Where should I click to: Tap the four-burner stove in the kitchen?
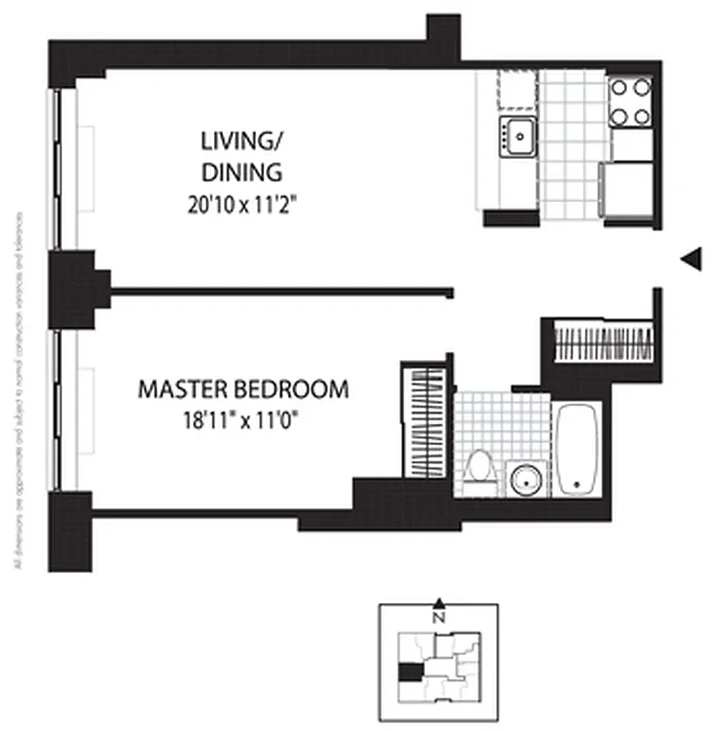click(631, 101)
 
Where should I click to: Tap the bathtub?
click(577, 448)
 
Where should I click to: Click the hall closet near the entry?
click(603, 341)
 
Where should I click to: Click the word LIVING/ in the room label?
click(239, 141)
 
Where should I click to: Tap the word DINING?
click(240, 173)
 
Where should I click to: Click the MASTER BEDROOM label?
click(243, 389)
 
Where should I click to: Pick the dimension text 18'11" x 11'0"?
click(242, 420)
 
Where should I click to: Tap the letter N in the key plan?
click(440, 617)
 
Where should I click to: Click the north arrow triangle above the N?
click(440, 603)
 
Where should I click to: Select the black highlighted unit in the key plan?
click(410, 673)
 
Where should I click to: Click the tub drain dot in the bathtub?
click(577, 483)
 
